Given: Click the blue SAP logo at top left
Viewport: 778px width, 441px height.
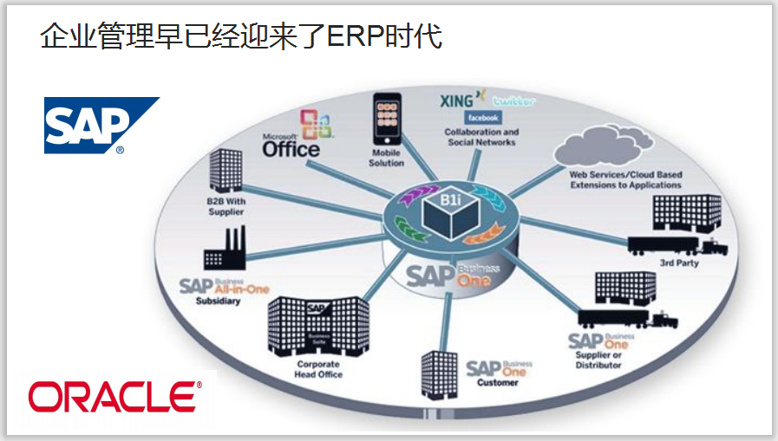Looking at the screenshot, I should point(101,125).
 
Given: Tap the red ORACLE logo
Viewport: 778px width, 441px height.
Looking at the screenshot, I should point(114,396).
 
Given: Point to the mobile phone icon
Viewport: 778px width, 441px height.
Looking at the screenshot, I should point(386,120).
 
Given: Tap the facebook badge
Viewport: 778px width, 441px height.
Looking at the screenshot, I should point(482,117).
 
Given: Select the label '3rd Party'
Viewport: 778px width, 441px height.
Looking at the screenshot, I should point(679,263).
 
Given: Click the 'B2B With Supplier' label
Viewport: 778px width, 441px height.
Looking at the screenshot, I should point(226,206).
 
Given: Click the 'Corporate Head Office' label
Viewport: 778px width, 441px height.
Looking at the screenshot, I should point(319,370).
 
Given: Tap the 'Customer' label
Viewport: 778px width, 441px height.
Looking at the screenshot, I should point(497,382).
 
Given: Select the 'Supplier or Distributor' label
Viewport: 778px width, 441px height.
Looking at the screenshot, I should point(598,360).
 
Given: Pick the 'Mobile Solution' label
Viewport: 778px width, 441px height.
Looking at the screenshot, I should point(386,159).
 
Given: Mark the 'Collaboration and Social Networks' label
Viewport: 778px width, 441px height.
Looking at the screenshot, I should point(481,138).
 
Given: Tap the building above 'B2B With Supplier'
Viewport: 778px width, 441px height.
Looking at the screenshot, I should point(227,171).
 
